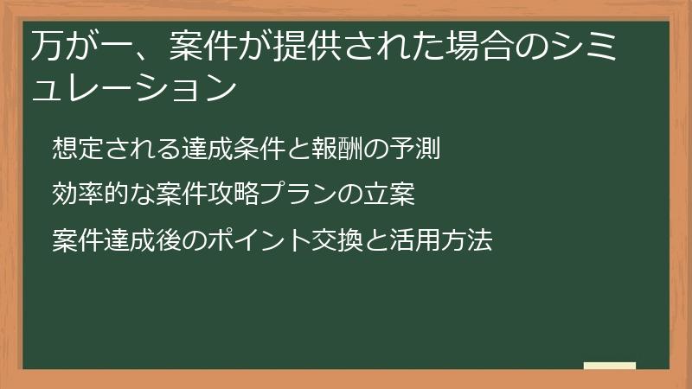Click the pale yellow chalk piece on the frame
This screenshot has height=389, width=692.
610,366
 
